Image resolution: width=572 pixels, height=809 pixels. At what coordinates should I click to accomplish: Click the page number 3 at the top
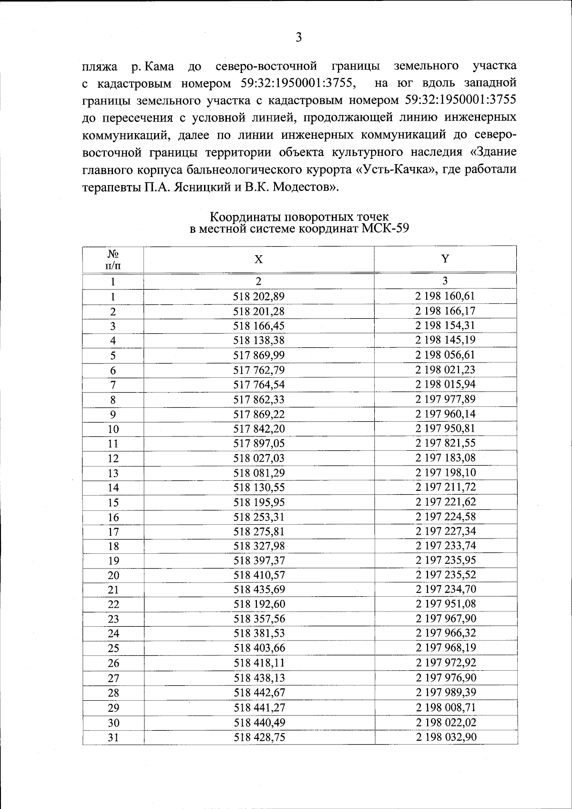pyautogui.click(x=298, y=37)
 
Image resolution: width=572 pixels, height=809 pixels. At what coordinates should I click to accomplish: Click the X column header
pyautogui.click(x=258, y=259)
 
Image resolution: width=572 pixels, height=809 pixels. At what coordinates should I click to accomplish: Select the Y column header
pyautogui.click(x=445, y=259)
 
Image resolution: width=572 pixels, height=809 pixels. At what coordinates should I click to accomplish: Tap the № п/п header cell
pyautogui.click(x=113, y=259)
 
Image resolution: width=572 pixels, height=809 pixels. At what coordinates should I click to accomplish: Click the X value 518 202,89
pyautogui.click(x=259, y=296)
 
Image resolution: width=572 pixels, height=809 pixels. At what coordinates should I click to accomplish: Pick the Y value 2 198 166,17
pyautogui.click(x=445, y=311)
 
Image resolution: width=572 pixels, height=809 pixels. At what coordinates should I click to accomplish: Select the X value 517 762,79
pyautogui.click(x=259, y=370)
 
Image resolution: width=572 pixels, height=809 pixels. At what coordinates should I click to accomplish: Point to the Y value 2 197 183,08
pyautogui.click(x=445, y=458)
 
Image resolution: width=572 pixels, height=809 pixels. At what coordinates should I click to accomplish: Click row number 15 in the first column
pyautogui.click(x=113, y=502)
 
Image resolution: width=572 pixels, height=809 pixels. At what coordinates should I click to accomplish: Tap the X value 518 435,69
pyautogui.click(x=259, y=590)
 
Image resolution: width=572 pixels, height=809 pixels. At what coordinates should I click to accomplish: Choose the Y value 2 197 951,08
pyautogui.click(x=445, y=604)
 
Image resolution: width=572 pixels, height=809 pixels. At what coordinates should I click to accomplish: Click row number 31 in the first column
pyautogui.click(x=113, y=737)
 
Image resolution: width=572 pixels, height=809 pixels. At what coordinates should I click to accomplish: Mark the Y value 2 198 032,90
pyautogui.click(x=445, y=737)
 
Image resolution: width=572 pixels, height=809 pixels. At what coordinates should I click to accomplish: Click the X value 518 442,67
pyautogui.click(x=259, y=693)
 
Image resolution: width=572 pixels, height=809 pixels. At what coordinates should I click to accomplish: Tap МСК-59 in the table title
pyautogui.click(x=385, y=228)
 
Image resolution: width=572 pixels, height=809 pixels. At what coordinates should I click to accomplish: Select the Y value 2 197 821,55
pyautogui.click(x=445, y=443)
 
